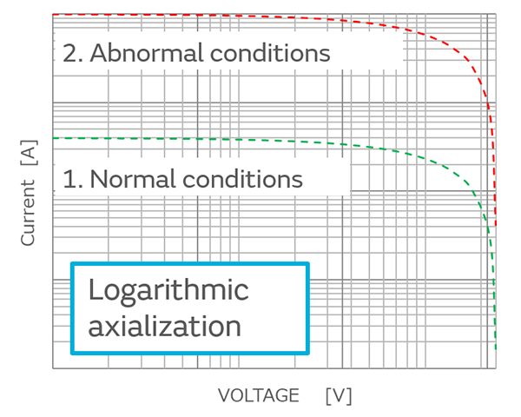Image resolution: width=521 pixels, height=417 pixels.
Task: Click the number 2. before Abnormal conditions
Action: point(72,53)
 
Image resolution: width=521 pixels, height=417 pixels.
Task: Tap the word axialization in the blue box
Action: point(164,327)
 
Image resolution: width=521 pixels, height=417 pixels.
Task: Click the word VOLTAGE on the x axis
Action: point(258,396)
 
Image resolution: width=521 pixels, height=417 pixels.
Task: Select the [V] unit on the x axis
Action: point(338,396)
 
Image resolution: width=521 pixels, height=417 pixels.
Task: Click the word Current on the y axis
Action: point(28,212)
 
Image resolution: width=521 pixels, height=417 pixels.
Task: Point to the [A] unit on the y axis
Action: point(28,153)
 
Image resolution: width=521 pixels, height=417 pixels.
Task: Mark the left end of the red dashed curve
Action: point(54,15)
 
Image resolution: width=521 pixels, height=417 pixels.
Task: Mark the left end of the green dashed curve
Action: point(54,138)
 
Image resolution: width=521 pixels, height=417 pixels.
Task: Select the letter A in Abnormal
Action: point(98,53)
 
